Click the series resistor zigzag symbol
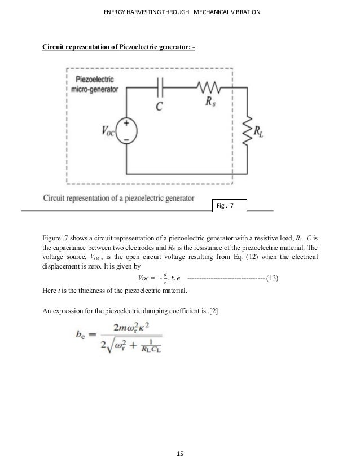click(x=211, y=88)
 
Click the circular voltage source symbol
click(x=126, y=130)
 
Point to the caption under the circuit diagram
click(x=118, y=199)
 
